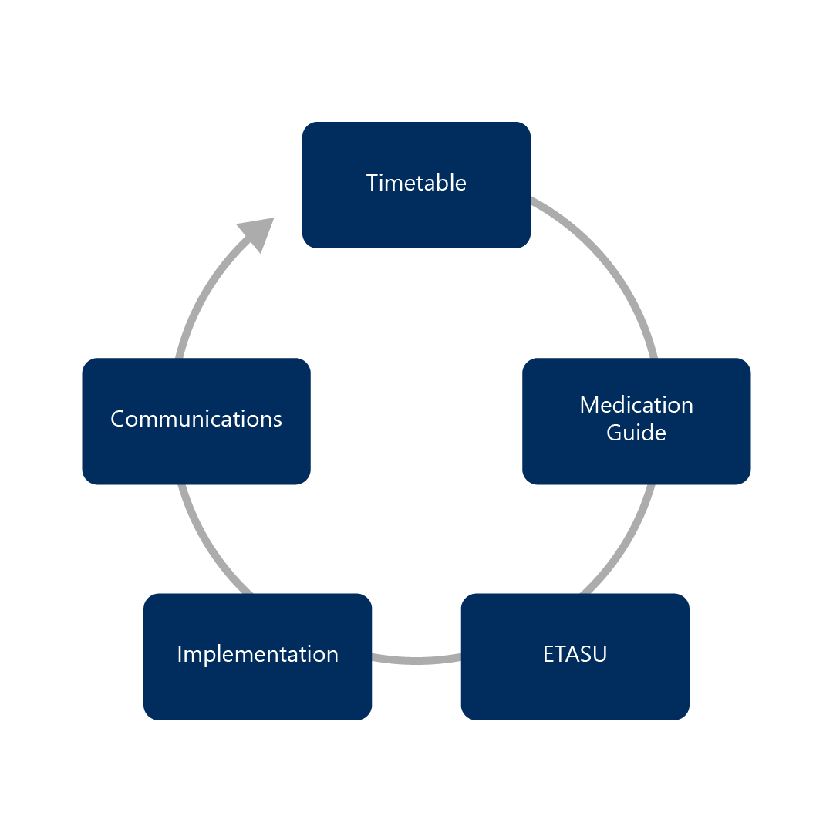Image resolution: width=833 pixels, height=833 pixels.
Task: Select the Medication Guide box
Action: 636,459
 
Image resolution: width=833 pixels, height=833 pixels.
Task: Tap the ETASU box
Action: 575,686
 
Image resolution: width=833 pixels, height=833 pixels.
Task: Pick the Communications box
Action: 196,455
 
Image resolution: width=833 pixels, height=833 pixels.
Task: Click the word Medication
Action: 636,405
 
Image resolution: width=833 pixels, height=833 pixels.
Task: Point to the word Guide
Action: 636,433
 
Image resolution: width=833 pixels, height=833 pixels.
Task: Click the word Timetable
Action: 416,183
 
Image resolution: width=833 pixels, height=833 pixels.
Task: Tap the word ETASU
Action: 575,654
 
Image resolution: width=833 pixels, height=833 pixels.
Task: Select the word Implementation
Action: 258,654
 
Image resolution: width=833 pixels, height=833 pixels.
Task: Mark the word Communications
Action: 196,419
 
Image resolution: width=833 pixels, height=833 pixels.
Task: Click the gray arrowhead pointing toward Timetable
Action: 258,231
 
